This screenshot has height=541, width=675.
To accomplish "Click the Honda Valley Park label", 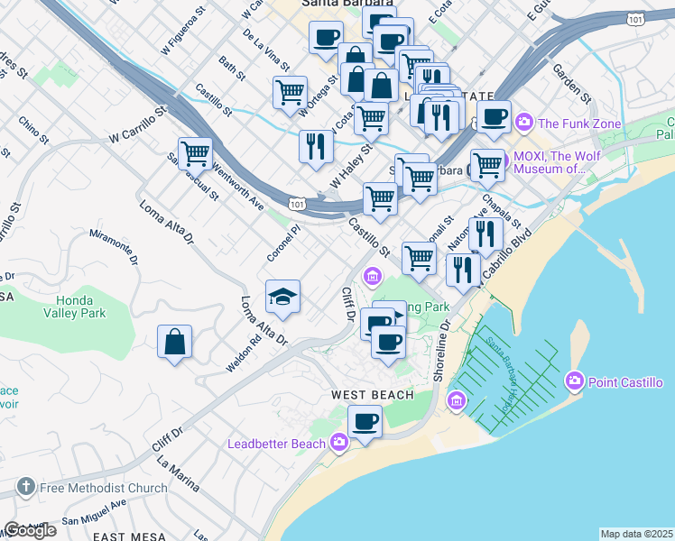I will click(75, 306).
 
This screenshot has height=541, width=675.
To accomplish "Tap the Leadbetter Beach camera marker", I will click(339, 442).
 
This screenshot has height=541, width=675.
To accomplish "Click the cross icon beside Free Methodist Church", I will click(26, 488).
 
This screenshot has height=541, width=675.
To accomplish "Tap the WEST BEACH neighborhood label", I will click(372, 395).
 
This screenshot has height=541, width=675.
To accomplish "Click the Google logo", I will click(30, 530).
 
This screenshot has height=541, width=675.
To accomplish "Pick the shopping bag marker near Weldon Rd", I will click(175, 343).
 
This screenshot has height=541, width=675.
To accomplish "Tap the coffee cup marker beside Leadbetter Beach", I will click(365, 421).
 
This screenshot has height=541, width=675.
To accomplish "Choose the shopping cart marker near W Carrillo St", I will click(195, 153).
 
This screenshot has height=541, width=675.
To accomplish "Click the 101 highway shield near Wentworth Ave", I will click(298, 205).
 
